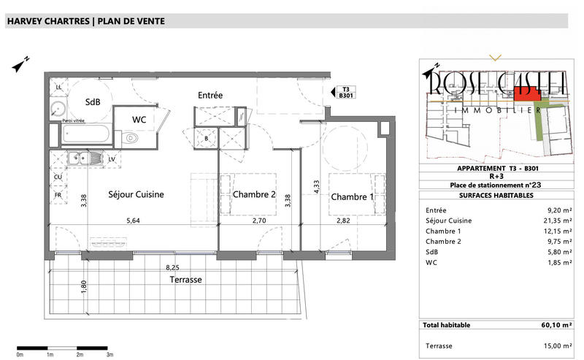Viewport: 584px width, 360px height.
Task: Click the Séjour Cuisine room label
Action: [136, 194]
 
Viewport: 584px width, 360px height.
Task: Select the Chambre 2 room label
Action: [254, 194]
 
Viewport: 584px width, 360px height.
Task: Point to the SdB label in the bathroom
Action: [93, 102]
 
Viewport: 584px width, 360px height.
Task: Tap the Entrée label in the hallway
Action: [210, 95]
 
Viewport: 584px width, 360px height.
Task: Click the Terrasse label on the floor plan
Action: [185, 279]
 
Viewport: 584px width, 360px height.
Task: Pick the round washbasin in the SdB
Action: [58, 110]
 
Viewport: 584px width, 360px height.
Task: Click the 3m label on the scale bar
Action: [109, 354]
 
